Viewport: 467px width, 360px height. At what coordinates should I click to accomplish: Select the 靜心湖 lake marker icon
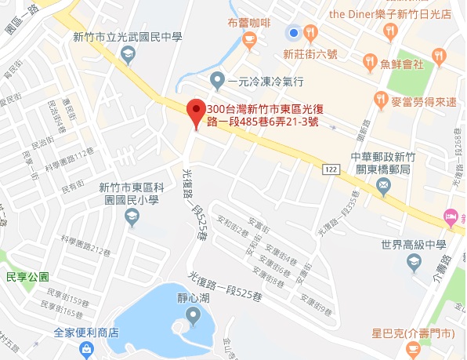(x=194, y=316)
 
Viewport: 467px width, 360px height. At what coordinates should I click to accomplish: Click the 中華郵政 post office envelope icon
(x=382, y=185)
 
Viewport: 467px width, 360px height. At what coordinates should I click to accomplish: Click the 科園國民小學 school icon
(x=129, y=215)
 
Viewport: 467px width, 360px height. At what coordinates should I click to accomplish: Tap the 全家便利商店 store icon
(x=85, y=349)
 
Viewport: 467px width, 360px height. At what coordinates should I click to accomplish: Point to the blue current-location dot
(x=293, y=33)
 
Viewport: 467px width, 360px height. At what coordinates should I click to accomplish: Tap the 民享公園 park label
(x=27, y=277)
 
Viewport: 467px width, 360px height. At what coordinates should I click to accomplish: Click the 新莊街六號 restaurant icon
(x=311, y=33)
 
